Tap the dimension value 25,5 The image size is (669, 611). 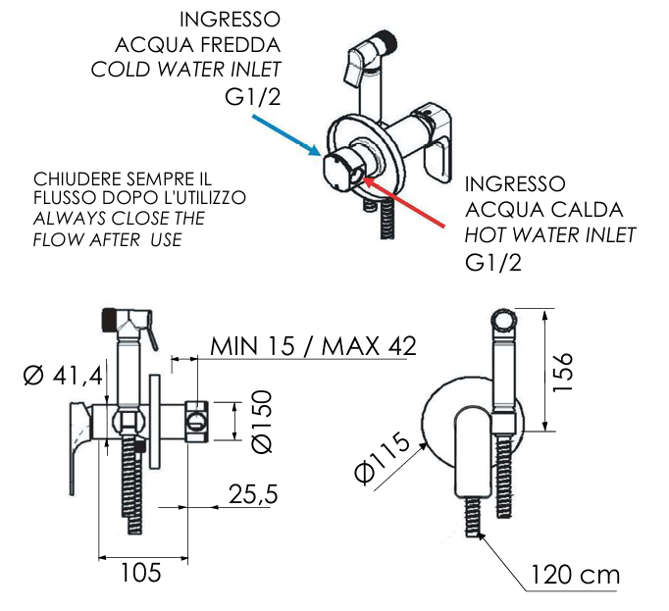coord(253,492)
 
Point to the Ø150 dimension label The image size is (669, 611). coord(261,422)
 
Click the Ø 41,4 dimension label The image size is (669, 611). coord(61,375)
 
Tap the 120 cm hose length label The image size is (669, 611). coord(576,575)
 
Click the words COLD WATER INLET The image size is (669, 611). coord(186,69)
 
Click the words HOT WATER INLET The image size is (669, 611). coord(550,235)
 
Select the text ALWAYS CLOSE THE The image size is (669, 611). coord(119,218)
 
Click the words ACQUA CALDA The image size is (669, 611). coord(543,210)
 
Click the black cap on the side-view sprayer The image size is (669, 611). coord(109,318)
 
